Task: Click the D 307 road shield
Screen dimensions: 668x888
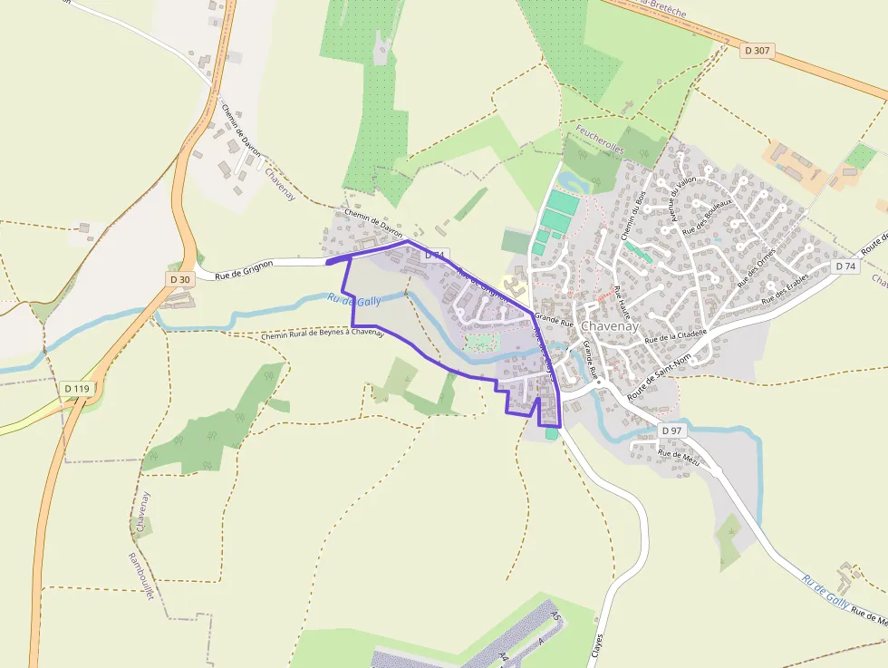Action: pyautogui.click(x=757, y=51)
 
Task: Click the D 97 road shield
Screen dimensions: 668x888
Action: pyautogui.click(x=671, y=430)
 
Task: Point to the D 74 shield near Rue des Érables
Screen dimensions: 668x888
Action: pyautogui.click(x=845, y=266)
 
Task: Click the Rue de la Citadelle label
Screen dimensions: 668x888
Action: pyautogui.click(x=675, y=336)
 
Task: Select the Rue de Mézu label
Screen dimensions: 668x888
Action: pyautogui.click(x=680, y=458)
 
